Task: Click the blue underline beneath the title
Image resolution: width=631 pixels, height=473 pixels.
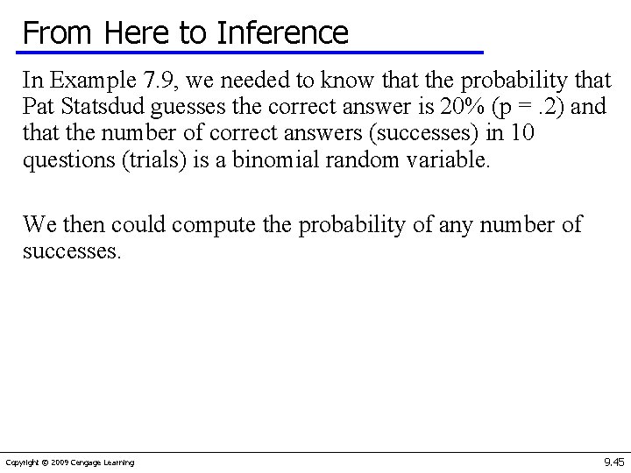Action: (253, 53)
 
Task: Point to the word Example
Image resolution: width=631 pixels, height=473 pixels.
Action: (83, 81)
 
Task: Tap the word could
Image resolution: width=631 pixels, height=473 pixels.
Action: (136, 225)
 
